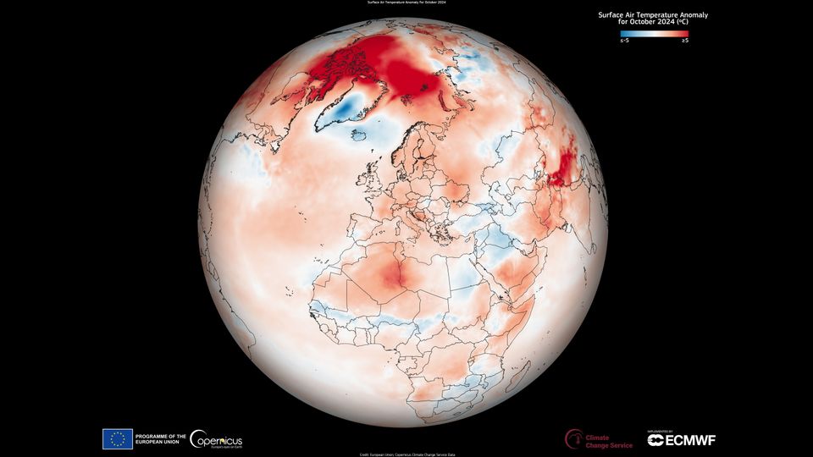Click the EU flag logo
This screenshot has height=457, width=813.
click(x=117, y=438)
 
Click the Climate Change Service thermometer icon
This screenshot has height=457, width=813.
click(x=573, y=438)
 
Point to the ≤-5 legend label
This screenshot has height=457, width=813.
click(x=624, y=41)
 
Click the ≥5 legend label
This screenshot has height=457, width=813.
click(x=684, y=41)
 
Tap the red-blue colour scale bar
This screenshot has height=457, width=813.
click(x=654, y=34)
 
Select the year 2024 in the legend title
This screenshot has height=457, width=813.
click(x=654, y=23)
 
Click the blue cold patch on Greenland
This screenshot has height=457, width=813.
click(x=348, y=108)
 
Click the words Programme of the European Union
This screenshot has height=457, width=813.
click(x=160, y=438)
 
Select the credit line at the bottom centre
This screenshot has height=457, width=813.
click(x=406, y=454)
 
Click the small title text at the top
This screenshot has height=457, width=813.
click(x=406, y=3)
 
